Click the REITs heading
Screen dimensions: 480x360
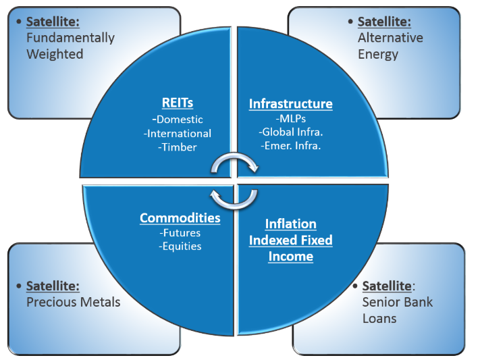point(178,103)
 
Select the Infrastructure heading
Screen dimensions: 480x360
point(290,103)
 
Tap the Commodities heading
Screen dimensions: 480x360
point(180,218)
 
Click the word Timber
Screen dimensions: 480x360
point(180,147)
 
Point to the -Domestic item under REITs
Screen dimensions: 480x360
point(178,119)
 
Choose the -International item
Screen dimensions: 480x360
point(178,134)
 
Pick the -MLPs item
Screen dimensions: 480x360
point(290,119)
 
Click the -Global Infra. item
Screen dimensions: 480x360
point(291,132)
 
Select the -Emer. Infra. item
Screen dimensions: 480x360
point(291,146)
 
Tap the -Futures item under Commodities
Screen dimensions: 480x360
point(180,233)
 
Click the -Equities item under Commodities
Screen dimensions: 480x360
point(180,247)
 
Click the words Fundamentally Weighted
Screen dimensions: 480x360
point(70,46)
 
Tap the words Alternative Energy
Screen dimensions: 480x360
point(390,46)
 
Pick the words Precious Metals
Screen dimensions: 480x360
point(74,302)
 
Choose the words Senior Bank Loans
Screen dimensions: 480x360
point(398,311)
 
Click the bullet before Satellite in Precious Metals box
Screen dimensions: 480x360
point(19,286)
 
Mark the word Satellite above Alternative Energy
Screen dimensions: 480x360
point(384,22)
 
